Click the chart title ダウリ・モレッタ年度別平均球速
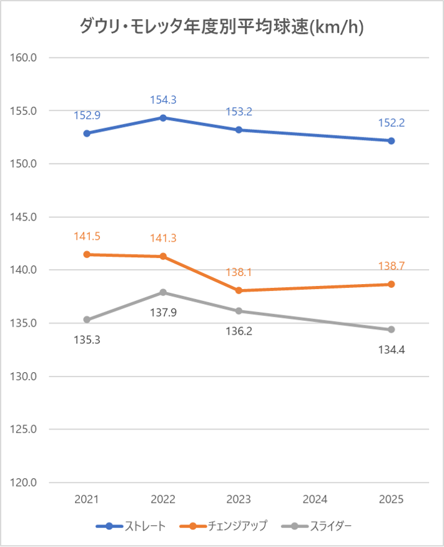coord(222,26)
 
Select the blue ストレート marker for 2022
coord(163,117)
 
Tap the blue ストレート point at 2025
coord(391,140)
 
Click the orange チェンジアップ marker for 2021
coord(87,254)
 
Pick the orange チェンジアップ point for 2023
coord(239,290)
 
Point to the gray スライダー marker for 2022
coord(163,292)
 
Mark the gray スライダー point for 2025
coord(391,329)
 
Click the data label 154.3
coord(163,100)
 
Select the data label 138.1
coord(239,272)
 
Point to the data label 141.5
coord(87,236)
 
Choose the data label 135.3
coord(87,340)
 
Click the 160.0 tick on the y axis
coord(25,57)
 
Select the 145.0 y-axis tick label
coord(25,217)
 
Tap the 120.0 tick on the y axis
coord(25,483)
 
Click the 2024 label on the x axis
coord(315,500)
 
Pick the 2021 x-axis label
coord(87,500)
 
